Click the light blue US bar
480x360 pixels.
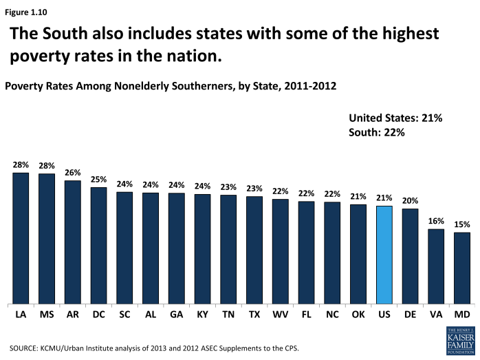[384, 255]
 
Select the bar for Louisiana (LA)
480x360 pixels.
[21, 237]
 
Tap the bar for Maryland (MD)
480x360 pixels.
[462, 268]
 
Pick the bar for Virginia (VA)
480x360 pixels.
[436, 266]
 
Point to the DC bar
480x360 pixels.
[98, 245]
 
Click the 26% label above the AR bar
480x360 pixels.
[72, 173]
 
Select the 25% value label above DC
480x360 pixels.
[98, 180]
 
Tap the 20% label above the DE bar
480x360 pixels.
[410, 201]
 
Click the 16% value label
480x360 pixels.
[436, 222]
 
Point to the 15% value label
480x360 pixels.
[462, 224]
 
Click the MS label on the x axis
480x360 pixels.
[47, 315]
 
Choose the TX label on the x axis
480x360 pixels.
[254, 315]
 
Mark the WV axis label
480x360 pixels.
[280, 315]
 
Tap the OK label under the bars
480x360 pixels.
[358, 315]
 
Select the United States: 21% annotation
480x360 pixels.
[395, 118]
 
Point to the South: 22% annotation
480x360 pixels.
[377, 132]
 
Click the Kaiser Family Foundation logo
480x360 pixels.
[453, 340]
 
